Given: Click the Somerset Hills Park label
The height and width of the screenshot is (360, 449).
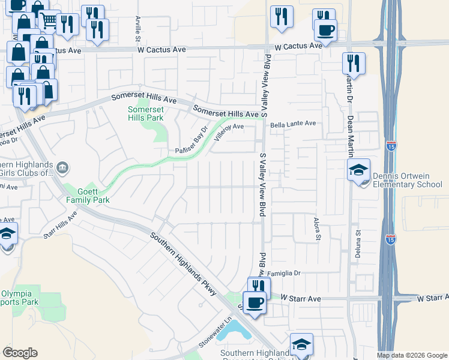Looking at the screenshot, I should click(x=146, y=114).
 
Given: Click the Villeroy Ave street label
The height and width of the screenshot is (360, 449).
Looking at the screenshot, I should click(x=229, y=131).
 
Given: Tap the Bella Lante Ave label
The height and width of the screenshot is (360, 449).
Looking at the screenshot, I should click(x=293, y=124).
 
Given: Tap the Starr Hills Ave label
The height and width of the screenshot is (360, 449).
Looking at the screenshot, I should click(x=61, y=224).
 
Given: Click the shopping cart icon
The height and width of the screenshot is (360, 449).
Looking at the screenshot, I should click(x=49, y=21).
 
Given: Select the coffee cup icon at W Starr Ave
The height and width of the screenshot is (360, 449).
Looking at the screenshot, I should click(x=255, y=302).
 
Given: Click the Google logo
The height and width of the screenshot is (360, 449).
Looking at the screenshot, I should click(x=20, y=353).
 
